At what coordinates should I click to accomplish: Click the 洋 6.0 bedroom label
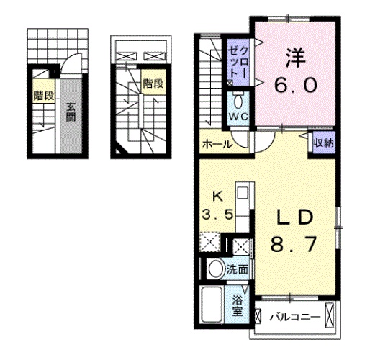pos(294,71)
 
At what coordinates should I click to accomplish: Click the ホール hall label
pos(217,144)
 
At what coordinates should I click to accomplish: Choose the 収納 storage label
pos(322,142)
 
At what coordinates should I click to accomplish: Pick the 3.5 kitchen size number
pos(216,213)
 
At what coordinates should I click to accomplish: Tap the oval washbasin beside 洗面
pos(214,270)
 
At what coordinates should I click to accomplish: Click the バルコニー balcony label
pos(295,315)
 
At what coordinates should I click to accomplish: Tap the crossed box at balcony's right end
pos(330,315)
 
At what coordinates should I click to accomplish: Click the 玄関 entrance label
pos(71,112)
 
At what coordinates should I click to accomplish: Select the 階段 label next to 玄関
pos(42,94)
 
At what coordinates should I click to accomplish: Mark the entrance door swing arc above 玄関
pos(68,68)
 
